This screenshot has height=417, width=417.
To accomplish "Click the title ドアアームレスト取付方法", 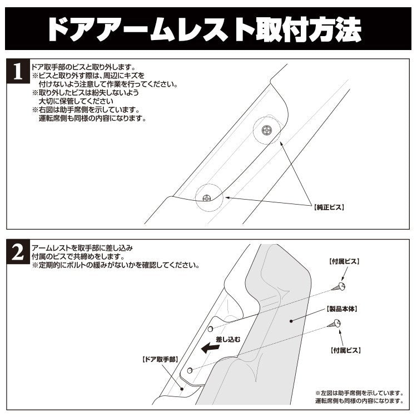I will (209, 27).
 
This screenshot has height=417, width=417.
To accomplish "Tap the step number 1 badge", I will (18, 73).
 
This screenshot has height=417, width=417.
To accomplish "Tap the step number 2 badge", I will (18, 254).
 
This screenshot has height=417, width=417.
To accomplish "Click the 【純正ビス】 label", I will (330, 207).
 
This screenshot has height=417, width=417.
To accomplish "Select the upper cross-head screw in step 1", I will (267, 130).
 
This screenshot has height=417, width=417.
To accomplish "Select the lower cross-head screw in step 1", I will (206, 197).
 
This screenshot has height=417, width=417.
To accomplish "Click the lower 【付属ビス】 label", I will (345, 351).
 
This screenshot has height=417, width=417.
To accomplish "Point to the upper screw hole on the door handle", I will (217, 327).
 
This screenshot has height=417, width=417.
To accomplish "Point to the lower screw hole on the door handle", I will (190, 369).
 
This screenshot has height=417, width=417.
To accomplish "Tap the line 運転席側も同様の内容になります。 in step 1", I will (92, 118).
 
